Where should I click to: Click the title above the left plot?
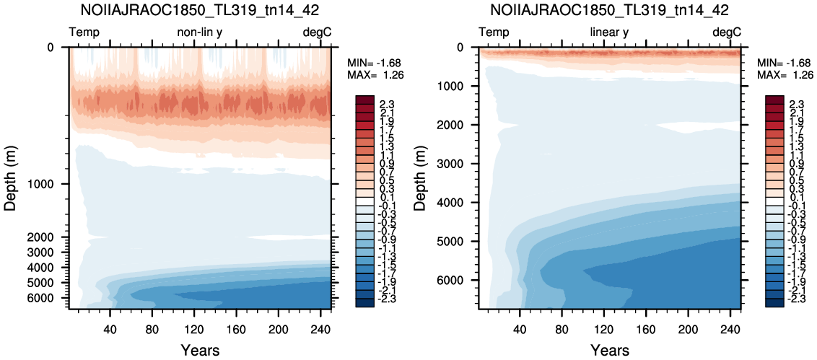coord(200,10)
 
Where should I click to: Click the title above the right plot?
coord(610,10)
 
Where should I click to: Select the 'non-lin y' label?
coord(200,32)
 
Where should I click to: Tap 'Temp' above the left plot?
coord(84,32)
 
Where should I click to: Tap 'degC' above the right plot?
coord(727,32)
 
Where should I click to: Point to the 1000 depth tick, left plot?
coord(51,184)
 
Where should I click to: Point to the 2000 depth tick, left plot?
coord(51,237)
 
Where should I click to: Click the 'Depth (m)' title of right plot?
coord(421,178)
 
